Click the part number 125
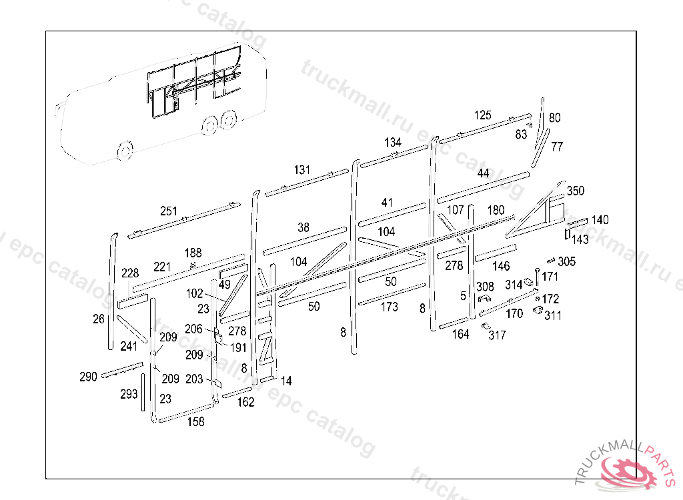(x=483, y=115)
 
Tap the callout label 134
(x=393, y=143)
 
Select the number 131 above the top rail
(x=302, y=170)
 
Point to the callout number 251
(x=169, y=211)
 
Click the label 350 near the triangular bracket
(x=575, y=191)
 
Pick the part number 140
(x=600, y=220)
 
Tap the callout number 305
(x=567, y=261)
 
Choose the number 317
(x=497, y=335)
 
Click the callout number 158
(x=195, y=421)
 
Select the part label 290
(x=88, y=377)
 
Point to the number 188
(x=193, y=253)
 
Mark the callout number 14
(x=286, y=381)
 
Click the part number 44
(x=483, y=173)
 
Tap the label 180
(x=496, y=210)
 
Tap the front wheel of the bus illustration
(x=124, y=151)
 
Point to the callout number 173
(x=390, y=307)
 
